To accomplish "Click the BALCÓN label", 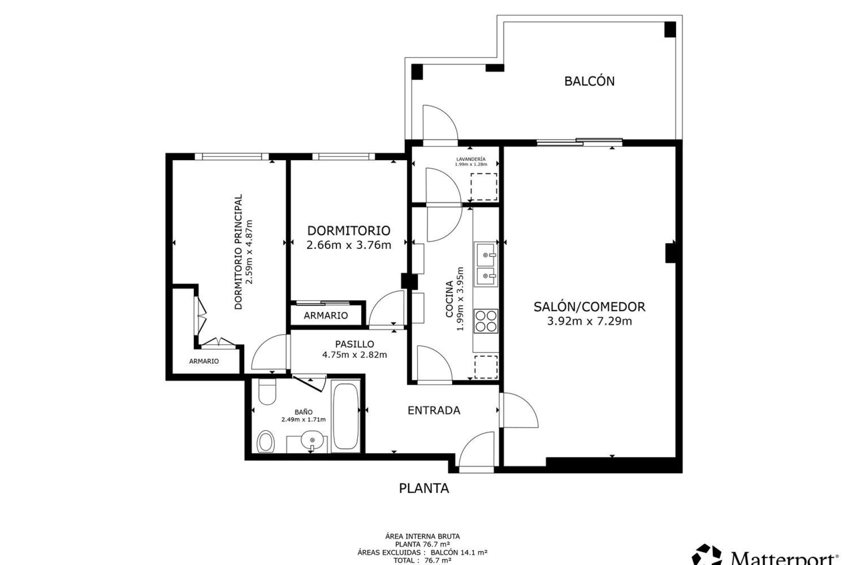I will [589, 81].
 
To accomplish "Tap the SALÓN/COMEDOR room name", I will [589, 306].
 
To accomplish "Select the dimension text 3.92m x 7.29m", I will [589, 321].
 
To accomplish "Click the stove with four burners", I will [485, 321].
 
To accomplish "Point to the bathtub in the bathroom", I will [345, 417].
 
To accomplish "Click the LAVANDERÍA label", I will [471, 159].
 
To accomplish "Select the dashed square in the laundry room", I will [484, 187].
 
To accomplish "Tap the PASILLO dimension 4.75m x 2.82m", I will [354, 355].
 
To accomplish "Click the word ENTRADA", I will [434, 411].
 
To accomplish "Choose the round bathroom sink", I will [312, 440].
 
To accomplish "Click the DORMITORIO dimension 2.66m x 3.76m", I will [348, 245].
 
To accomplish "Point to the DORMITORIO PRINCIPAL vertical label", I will [238, 252].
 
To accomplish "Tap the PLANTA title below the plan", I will [424, 488].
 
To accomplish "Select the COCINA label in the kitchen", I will [450, 299].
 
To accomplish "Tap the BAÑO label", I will [303, 412].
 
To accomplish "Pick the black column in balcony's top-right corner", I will [670, 29].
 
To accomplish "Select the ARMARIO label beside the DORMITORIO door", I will [326, 316].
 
